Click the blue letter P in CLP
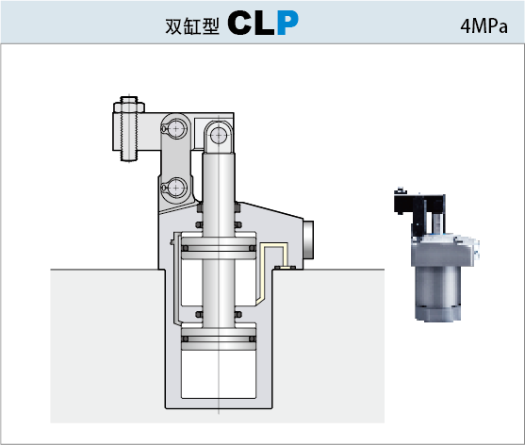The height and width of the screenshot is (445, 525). click(287, 23)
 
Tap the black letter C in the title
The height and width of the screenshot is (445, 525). click(239, 23)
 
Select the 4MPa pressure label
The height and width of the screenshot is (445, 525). click(484, 26)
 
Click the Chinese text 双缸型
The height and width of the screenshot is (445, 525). click(192, 26)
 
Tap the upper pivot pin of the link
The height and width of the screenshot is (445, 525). click(176, 128)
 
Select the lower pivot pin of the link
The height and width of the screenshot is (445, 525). click(176, 188)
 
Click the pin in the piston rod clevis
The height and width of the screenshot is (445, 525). click(219, 136)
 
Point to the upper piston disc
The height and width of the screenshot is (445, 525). click(219, 248)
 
